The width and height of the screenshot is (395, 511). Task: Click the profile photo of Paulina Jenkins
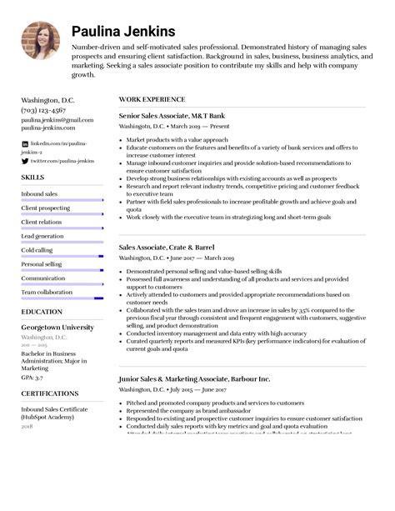tap(40, 40)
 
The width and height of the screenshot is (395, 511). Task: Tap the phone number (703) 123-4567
tap(45, 109)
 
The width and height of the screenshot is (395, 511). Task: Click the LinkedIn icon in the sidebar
tap(24, 144)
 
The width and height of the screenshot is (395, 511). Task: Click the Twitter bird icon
tap(24, 160)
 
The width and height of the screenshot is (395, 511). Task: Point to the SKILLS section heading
tap(32, 178)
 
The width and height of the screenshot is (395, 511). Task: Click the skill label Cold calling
tap(37, 250)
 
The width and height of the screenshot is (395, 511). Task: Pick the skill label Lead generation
tap(41, 236)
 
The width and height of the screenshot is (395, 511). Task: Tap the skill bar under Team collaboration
tap(62, 298)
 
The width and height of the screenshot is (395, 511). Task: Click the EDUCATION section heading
tap(42, 311)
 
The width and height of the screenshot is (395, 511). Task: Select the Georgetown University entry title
tap(57, 328)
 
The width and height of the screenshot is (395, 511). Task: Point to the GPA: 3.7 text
tap(33, 377)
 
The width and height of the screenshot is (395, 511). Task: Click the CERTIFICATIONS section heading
tap(50, 393)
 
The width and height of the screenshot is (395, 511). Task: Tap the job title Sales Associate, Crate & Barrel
tap(167, 248)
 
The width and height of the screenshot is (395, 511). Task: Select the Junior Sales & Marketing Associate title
tap(194, 378)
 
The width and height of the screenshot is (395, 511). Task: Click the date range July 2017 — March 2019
tap(197, 258)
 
